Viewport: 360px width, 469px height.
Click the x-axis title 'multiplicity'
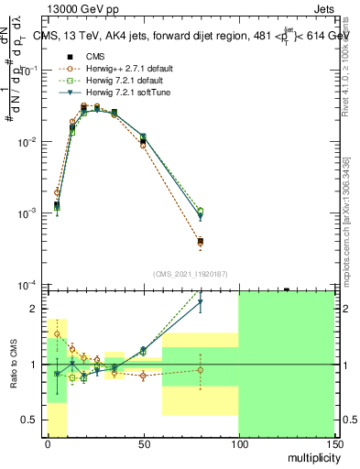(311, 457)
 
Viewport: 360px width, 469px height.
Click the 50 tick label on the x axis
(143, 444)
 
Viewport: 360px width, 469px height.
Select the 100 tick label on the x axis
(238, 444)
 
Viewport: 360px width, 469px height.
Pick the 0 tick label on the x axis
(48, 444)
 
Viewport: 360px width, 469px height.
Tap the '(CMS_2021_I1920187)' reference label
(191, 273)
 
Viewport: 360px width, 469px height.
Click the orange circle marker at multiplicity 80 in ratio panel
(201, 370)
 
